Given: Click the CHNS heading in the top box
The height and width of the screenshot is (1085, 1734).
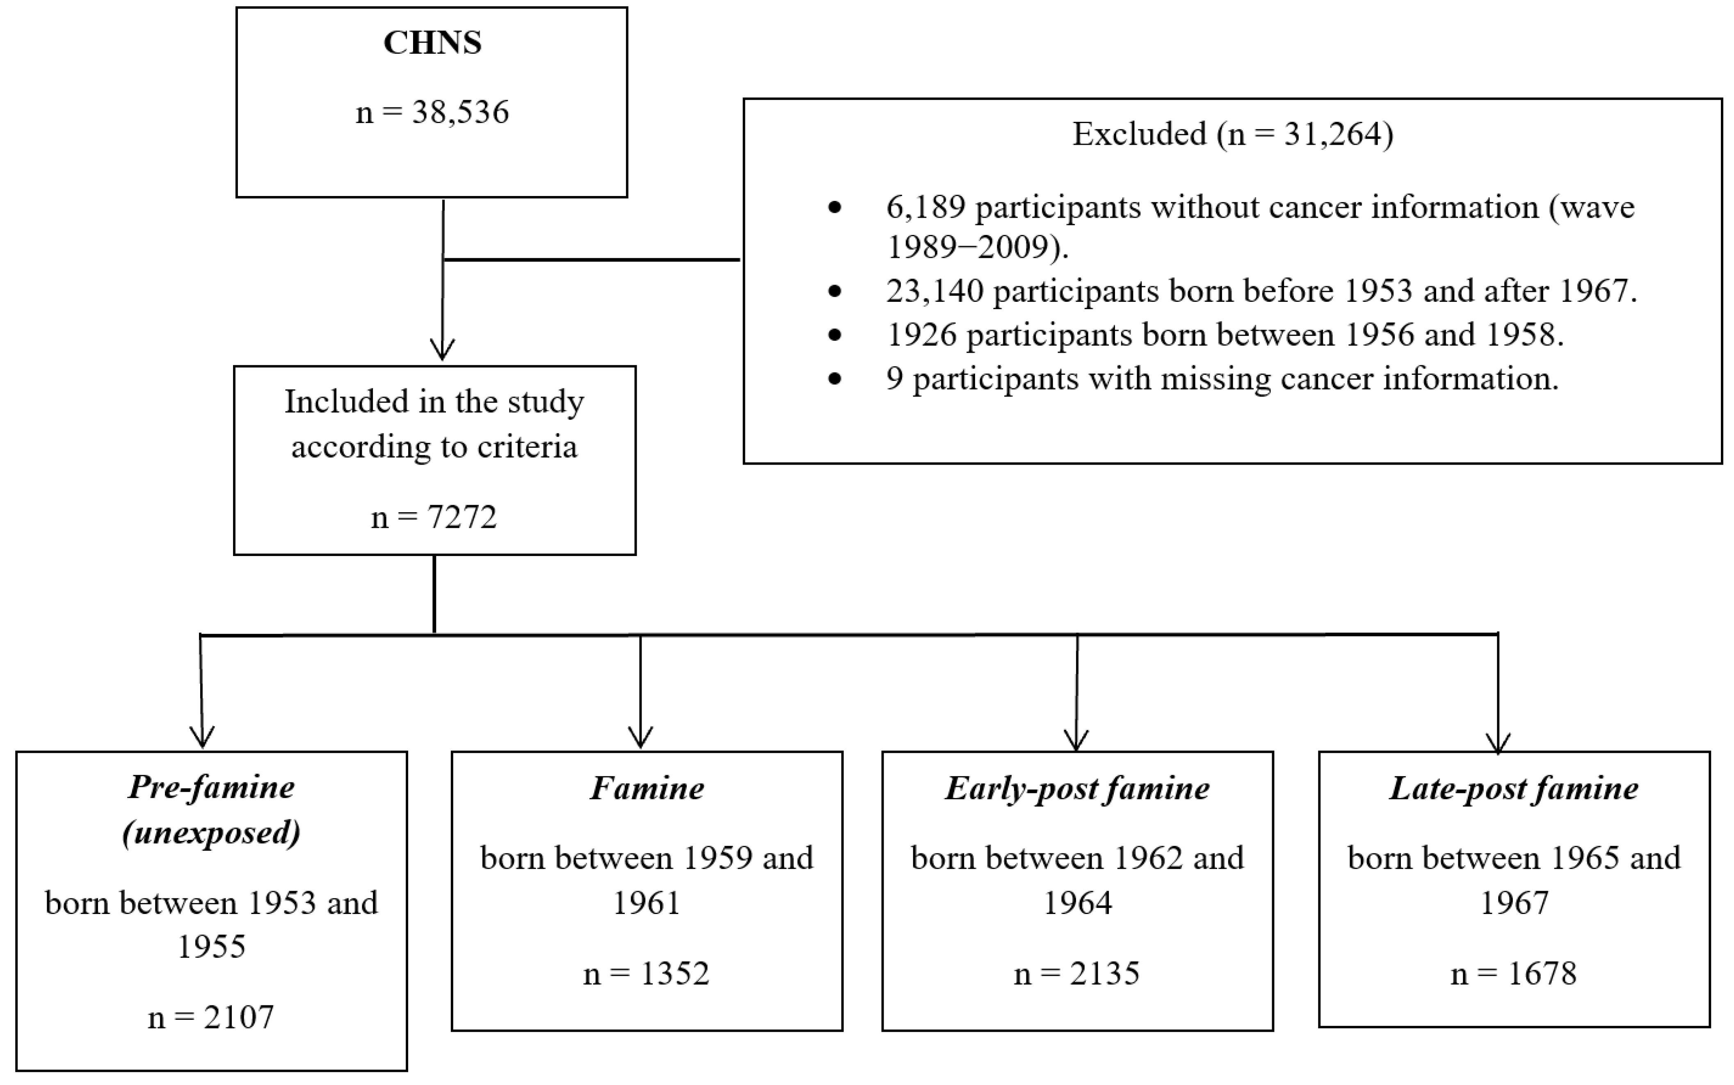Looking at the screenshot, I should [x=432, y=43].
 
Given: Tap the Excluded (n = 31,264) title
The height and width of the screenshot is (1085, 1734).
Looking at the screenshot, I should [x=1232, y=134].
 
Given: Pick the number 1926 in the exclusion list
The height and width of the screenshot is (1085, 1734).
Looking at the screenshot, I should [x=921, y=335].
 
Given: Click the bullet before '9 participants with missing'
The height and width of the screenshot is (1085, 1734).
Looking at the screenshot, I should [x=834, y=379].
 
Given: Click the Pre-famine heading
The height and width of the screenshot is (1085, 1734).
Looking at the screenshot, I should [x=212, y=787].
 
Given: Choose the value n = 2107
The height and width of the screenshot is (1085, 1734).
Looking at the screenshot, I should [x=211, y=1018].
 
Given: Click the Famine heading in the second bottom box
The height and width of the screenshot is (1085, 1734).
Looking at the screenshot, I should [x=647, y=789].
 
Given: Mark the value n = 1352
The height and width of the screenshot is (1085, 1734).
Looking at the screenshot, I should [x=646, y=974].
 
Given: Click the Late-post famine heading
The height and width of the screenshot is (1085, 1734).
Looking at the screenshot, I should [x=1514, y=789].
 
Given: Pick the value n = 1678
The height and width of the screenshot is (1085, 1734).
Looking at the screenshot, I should [x=1514, y=974].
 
